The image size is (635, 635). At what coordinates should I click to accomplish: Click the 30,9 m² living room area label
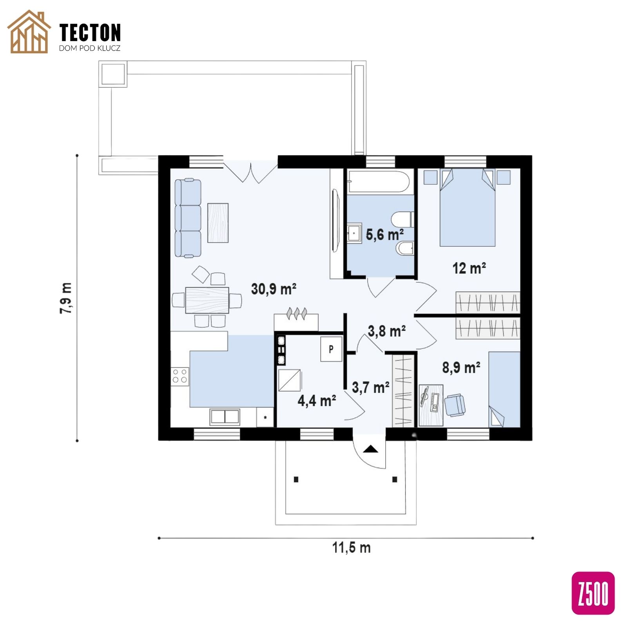pos(274,289)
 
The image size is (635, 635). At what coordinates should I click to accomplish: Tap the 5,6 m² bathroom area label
pos(385,234)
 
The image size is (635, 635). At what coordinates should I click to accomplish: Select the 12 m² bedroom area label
pos(469,268)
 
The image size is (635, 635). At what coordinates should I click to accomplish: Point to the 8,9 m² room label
pos(461,368)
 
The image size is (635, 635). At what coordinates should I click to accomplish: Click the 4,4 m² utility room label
pos(317,401)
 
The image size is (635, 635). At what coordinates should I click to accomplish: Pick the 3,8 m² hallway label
pos(386,331)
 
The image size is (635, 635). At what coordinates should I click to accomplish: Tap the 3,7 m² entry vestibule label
pos(370,387)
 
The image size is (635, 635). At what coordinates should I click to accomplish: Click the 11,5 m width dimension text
pos(351,547)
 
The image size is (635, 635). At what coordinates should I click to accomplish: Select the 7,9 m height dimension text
pos(66,298)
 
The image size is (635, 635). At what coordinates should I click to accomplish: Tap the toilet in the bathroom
pos(403,220)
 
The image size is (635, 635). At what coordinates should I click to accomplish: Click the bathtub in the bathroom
pos(379,181)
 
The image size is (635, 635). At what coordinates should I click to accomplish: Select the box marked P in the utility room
pos(331,349)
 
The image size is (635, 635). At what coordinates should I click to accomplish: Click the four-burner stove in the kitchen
pos(180,376)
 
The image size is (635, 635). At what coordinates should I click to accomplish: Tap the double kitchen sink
pos(225,417)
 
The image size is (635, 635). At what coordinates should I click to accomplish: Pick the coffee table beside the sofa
pos(218,223)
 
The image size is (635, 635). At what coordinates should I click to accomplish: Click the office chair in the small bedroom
pos(455,405)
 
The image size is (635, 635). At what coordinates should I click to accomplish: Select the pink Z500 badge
pos(593,593)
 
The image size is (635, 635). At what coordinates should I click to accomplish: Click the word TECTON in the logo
pos(90,33)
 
